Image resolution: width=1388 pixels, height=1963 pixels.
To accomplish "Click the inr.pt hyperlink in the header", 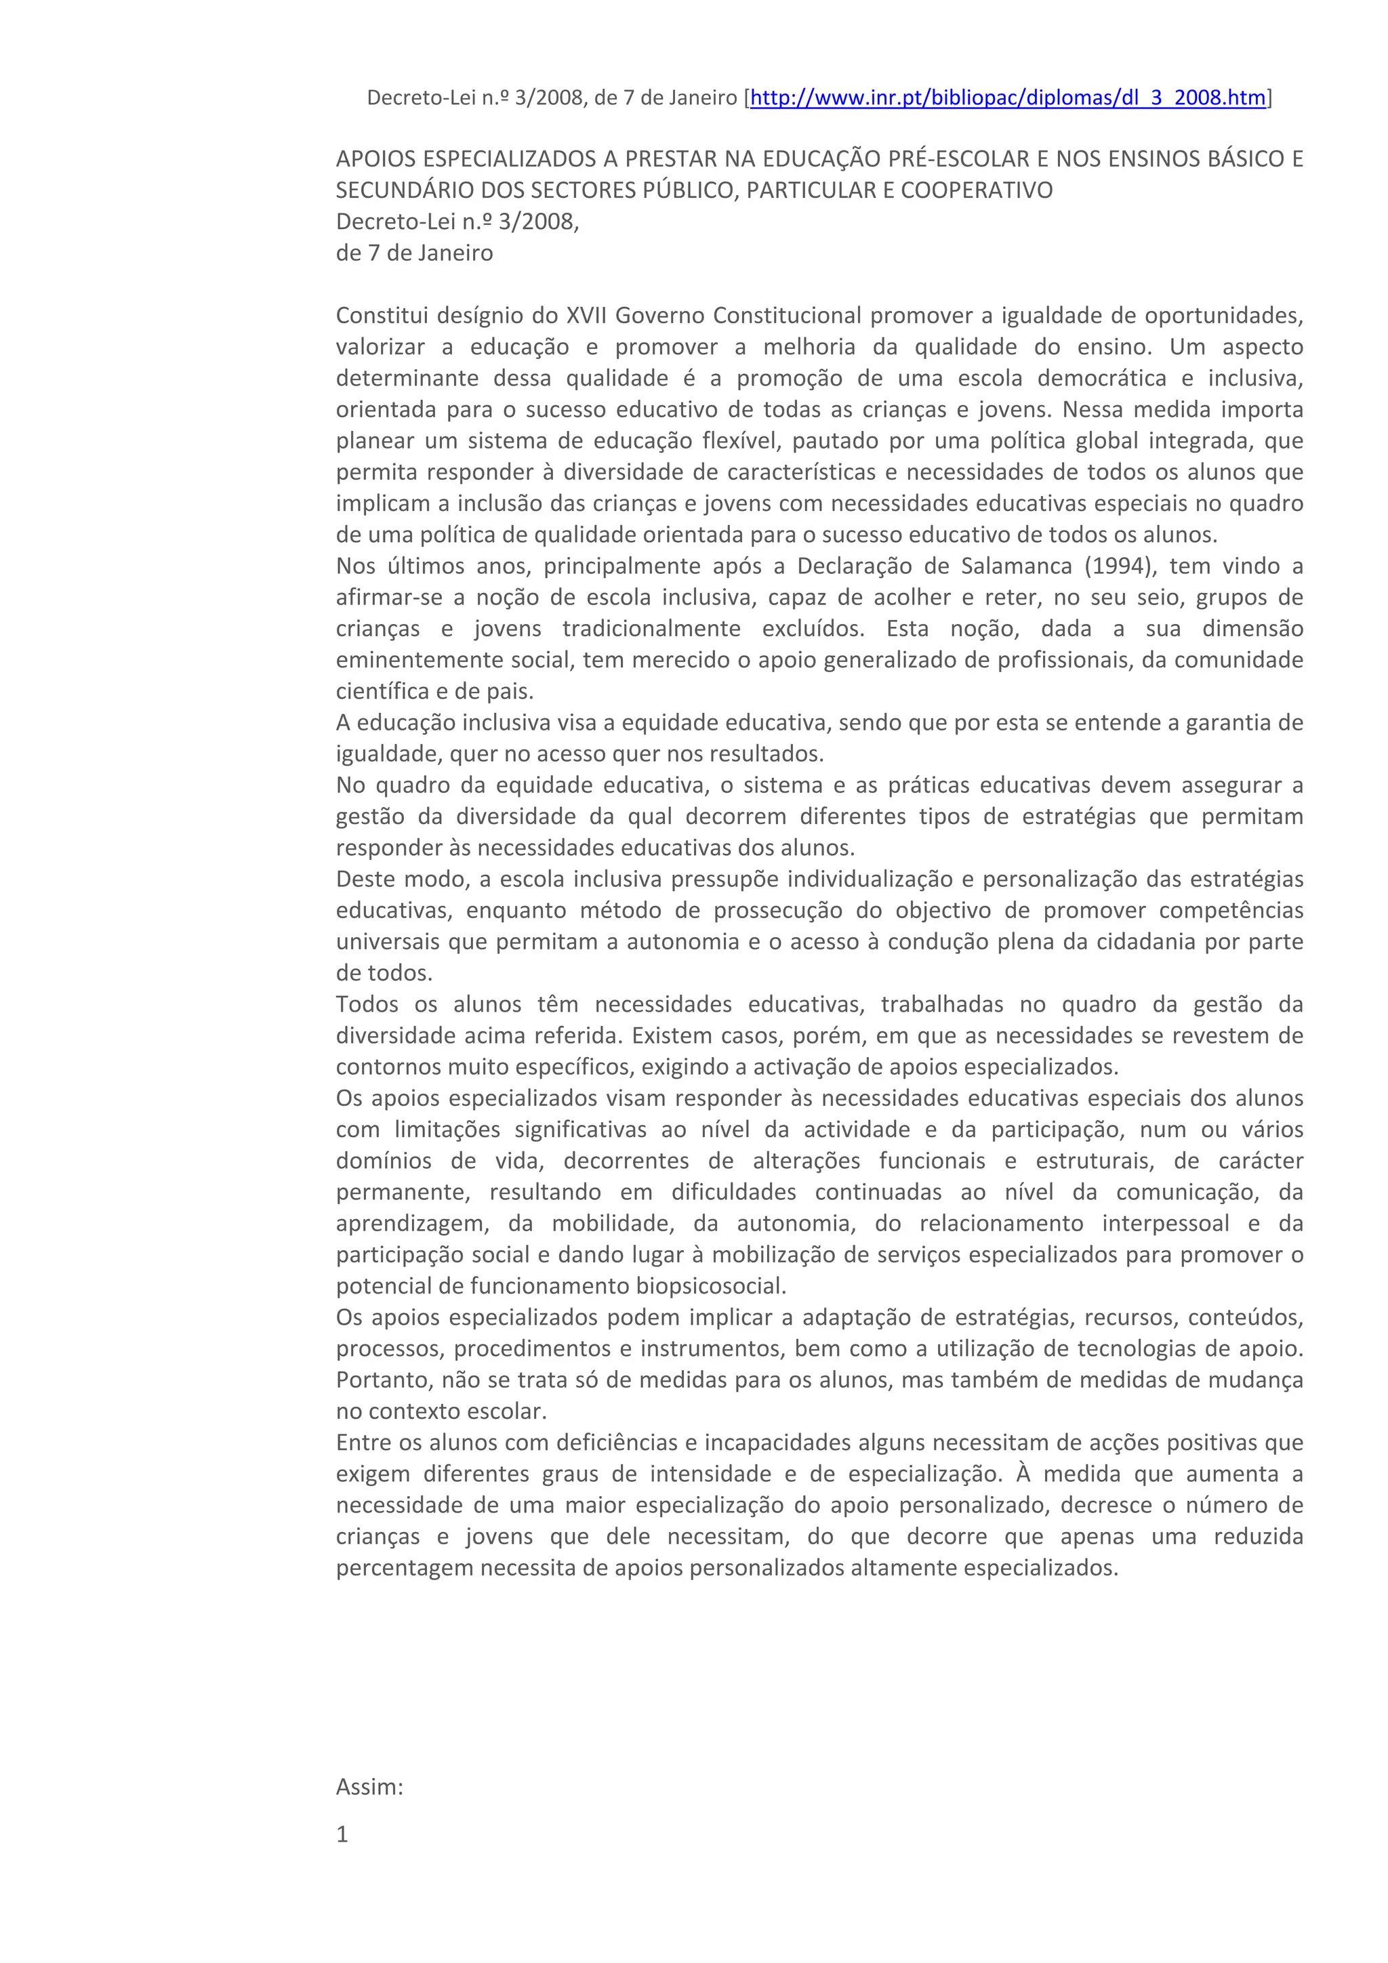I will click(1006, 98).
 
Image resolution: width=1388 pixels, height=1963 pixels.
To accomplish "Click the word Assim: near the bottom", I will click(369, 1787).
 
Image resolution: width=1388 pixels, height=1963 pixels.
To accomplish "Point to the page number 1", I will click(342, 1835).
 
